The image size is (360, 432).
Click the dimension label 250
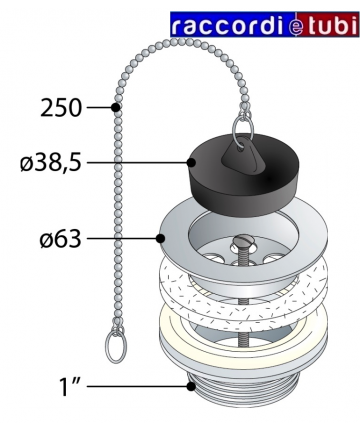[x=61, y=108]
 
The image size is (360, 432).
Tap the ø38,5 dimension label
[x=51, y=163]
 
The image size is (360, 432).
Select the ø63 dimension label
[x=60, y=239]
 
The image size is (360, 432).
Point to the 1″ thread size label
[x=69, y=386]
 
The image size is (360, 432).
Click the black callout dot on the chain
[x=115, y=108]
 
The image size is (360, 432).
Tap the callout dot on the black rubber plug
[x=191, y=163]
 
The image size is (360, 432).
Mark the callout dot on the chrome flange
[x=161, y=239]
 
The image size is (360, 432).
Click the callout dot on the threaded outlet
[x=191, y=386]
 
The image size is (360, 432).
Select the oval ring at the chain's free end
[x=116, y=347]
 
